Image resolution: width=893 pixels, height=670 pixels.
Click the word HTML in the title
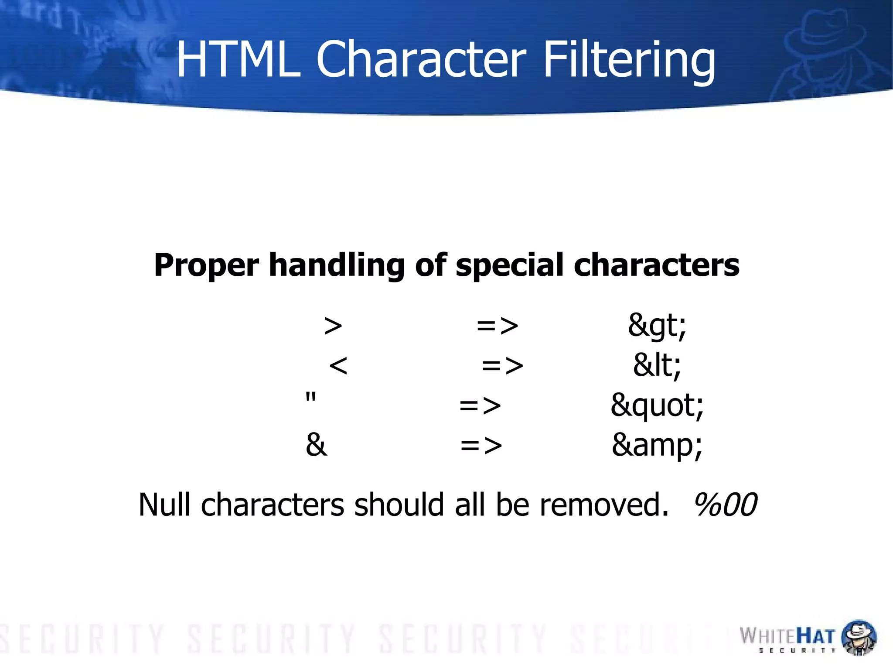tap(239, 59)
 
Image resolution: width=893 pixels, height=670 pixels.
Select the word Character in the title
tap(421, 59)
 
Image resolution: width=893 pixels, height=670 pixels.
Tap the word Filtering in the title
tap(629, 60)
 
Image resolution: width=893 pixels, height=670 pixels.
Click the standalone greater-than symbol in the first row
tap(333, 326)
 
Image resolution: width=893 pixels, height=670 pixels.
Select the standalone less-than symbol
tap(338, 365)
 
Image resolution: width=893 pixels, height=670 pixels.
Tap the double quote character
tap(311, 398)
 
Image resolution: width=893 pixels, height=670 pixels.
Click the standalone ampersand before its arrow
tap(317, 445)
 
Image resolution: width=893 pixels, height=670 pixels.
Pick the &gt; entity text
tap(657, 326)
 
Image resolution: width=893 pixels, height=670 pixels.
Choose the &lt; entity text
tap(657, 365)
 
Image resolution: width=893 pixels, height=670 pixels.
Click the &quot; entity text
tap(657, 405)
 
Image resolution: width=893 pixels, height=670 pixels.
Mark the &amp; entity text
tap(657, 445)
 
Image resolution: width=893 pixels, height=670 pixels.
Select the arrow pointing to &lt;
tap(502, 366)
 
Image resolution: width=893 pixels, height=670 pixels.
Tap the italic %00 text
tap(725, 505)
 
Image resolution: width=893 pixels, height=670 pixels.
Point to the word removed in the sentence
tap(604, 505)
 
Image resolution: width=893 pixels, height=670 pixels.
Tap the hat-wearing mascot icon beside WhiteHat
tap(859, 637)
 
